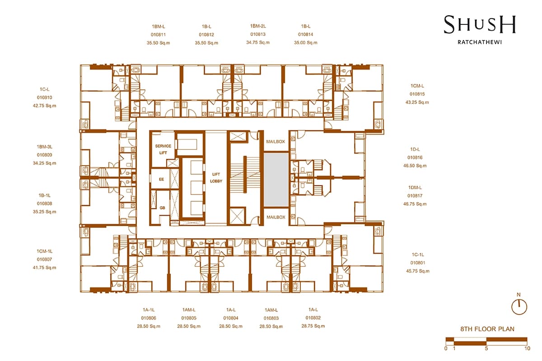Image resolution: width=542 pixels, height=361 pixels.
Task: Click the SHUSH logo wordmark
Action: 480,24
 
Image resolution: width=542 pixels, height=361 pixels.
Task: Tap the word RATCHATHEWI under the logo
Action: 480,42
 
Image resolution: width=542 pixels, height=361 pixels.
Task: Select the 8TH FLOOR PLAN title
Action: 487,329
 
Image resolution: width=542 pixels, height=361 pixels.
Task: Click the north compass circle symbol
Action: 519,307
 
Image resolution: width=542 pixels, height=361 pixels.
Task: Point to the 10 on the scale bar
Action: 527,348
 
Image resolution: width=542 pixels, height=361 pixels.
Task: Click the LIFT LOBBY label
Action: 216,177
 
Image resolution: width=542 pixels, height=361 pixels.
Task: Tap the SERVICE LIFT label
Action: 163,149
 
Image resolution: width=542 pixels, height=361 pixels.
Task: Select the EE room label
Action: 161,179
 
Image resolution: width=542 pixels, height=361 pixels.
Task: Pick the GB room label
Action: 162,208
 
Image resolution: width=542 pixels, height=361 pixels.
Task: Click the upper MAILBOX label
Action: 276,141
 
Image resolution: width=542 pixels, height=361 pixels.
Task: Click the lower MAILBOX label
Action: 276,217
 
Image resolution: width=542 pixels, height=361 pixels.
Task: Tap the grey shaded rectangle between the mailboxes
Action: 276,179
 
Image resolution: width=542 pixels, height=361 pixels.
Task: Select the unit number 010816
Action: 415,157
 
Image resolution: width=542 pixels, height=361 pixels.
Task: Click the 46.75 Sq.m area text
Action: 415,204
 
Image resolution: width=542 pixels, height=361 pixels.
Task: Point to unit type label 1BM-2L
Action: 258,26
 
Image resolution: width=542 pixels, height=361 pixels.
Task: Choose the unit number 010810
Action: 45,97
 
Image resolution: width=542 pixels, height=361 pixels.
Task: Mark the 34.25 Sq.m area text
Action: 45,163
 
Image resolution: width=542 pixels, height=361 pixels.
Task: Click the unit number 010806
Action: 149,318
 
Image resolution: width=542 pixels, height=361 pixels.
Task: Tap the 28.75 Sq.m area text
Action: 313,326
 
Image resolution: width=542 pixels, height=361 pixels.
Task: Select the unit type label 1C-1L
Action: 418,255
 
